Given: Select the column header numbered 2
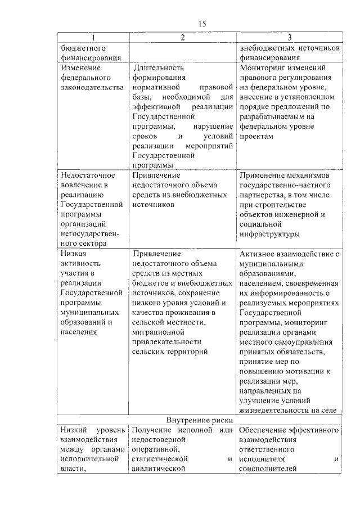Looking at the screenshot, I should pos(183,38).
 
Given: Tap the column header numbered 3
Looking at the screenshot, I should pos(289,38).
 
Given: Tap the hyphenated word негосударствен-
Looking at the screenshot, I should pos(90,233).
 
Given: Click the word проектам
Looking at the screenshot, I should pos(256,136).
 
